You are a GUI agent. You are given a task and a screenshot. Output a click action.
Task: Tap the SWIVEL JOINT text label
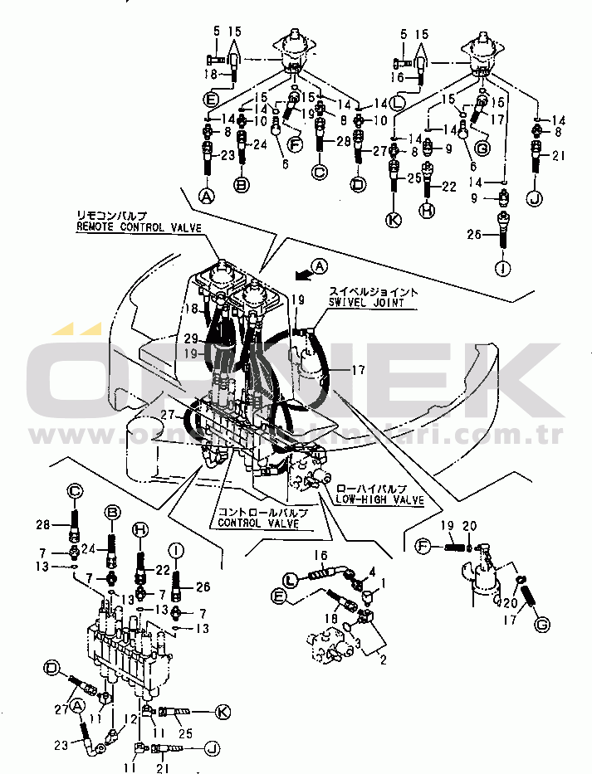[374, 304]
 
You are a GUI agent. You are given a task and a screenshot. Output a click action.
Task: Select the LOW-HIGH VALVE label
[379, 500]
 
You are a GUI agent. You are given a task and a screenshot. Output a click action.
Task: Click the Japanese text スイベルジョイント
[372, 292]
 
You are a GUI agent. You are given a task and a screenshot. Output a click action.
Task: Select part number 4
[372, 571]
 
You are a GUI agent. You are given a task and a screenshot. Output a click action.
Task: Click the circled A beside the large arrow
[319, 267]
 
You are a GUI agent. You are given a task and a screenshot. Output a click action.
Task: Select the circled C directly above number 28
[75, 490]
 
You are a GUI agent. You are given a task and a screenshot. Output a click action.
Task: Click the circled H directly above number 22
[140, 529]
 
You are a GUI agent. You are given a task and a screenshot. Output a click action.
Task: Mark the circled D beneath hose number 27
[359, 186]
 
